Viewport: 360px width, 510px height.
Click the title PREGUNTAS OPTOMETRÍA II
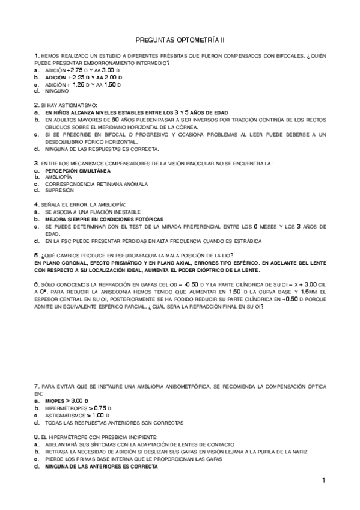[x=180, y=39]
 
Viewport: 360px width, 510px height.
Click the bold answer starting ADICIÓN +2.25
[x=84, y=78]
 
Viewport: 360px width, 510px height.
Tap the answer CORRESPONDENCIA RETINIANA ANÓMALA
[x=96, y=183]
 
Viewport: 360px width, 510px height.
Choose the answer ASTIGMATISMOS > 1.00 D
[x=76, y=415]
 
